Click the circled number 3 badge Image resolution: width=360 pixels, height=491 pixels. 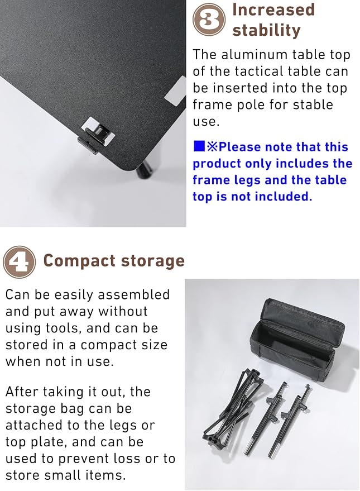[x=209, y=20]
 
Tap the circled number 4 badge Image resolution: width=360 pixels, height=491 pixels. [x=19, y=262]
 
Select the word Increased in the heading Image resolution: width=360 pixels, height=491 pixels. [x=273, y=9]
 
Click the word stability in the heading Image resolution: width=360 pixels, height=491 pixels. [x=266, y=30]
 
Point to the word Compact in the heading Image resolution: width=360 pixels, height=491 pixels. [x=79, y=261]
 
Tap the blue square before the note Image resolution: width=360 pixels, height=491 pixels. [x=199, y=146]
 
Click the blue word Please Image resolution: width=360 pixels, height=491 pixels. [x=240, y=147]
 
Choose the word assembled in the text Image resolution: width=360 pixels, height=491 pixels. [x=134, y=295]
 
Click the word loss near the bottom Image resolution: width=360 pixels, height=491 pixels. [x=126, y=459]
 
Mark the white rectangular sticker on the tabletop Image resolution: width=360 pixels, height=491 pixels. [x=176, y=91]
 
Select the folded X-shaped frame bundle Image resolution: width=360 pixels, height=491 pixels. [x=232, y=407]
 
